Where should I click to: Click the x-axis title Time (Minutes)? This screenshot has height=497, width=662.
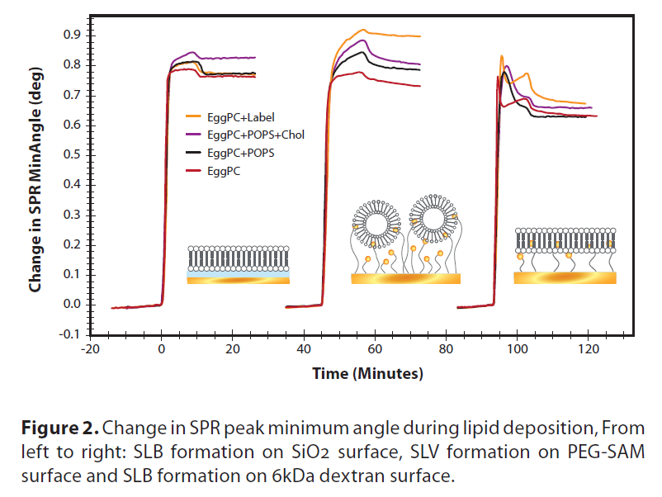click(x=366, y=374)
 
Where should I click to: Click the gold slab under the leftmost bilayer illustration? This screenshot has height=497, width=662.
click(x=238, y=280)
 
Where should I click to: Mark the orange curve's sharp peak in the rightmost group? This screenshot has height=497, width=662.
click(x=502, y=57)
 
